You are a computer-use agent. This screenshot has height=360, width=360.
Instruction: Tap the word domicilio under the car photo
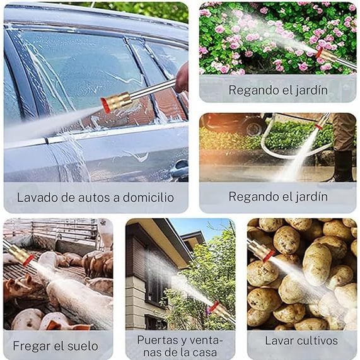click(x=148, y=197)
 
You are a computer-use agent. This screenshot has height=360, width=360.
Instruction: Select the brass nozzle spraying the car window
click(x=117, y=102)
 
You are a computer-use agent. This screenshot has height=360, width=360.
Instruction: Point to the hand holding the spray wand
click(x=182, y=78)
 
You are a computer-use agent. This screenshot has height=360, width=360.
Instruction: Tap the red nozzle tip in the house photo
click(x=212, y=307)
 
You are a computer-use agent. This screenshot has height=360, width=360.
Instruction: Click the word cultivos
click(x=319, y=340)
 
